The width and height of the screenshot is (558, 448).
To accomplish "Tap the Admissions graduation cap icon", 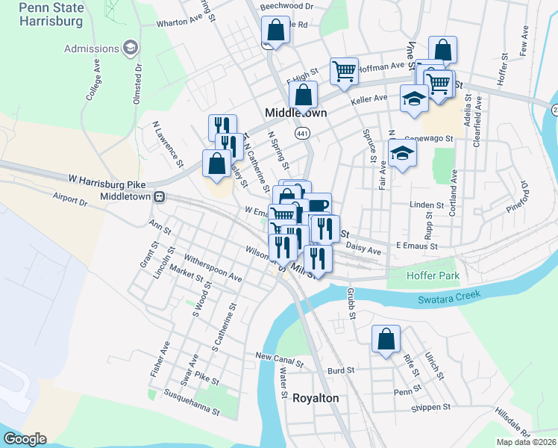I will (131, 49).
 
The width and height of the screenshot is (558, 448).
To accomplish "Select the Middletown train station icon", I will (159, 196).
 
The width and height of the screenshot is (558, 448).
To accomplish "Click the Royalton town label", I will (315, 398).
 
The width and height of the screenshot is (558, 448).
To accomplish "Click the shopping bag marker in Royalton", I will (386, 338).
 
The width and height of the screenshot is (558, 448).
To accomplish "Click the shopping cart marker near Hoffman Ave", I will (344, 71).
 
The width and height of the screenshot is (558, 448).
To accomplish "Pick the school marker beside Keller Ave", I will (414, 98).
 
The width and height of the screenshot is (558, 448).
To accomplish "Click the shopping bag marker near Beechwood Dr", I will (275, 31).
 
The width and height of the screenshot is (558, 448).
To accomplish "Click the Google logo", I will (24, 438).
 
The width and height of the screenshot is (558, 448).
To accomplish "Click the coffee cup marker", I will (318, 206).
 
